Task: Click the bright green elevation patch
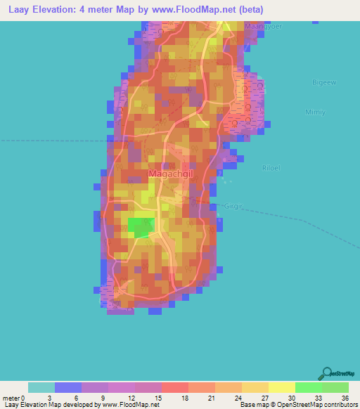(x=140, y=226)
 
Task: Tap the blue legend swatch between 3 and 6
(x=68, y=387)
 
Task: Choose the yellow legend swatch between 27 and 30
(x=282, y=387)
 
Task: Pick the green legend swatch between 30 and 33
(x=308, y=387)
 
